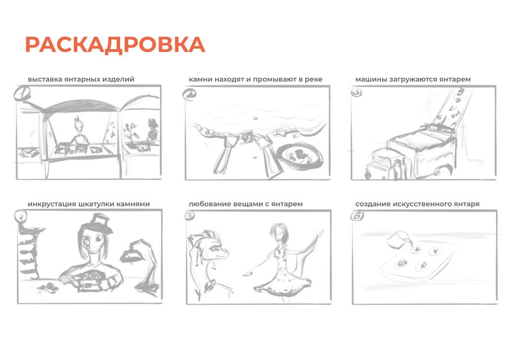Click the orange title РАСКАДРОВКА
115,45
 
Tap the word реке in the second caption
314,80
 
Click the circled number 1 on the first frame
22,94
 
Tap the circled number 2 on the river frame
189,95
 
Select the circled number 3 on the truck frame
356,93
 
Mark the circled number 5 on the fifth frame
189,216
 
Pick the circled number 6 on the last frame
357,216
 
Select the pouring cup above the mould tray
399,241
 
